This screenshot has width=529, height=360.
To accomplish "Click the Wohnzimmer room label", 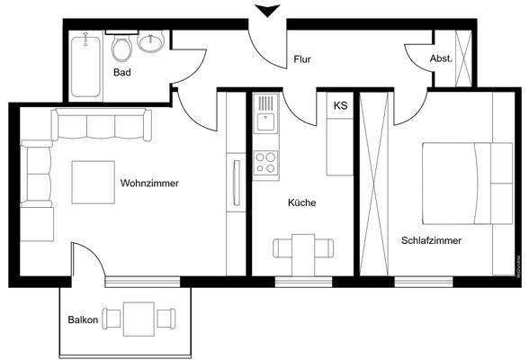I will tap(149, 184).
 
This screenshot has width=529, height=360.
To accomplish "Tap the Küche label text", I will tap(302, 203).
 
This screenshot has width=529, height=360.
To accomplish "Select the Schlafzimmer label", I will tap(432, 241).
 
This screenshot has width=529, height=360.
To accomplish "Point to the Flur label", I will tap(302, 60).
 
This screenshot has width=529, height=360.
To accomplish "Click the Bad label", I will tap(122, 72).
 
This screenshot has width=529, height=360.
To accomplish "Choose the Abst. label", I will tap(441, 58).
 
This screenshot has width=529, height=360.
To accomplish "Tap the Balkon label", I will tap(82, 319).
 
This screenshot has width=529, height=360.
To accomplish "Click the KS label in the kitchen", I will tap(340, 106).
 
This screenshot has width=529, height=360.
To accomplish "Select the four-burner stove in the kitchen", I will tap(265, 162).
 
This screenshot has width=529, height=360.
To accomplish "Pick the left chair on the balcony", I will tap(112, 318).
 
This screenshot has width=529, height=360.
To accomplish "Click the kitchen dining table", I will tap(304, 249).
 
